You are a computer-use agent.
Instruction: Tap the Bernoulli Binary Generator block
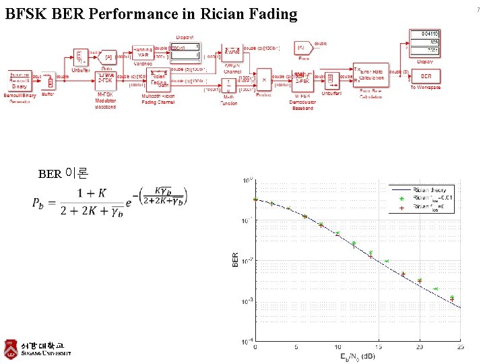pyautogui.click(x=20, y=80)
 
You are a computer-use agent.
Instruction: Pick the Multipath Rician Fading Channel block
pyautogui.click(x=159, y=80)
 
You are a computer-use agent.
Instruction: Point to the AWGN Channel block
pyautogui.click(x=232, y=53)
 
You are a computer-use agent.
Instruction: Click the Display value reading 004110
pyautogui.click(x=426, y=33)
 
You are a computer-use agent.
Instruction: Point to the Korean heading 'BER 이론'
pyautogui.click(x=63, y=174)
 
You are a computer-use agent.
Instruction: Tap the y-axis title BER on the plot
pyautogui.click(x=235, y=260)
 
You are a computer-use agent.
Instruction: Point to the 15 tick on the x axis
pyautogui.click(x=379, y=347)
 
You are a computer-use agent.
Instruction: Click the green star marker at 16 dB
pyautogui.click(x=387, y=261)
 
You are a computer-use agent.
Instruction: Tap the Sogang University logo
pyautogui.click(x=37, y=348)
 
